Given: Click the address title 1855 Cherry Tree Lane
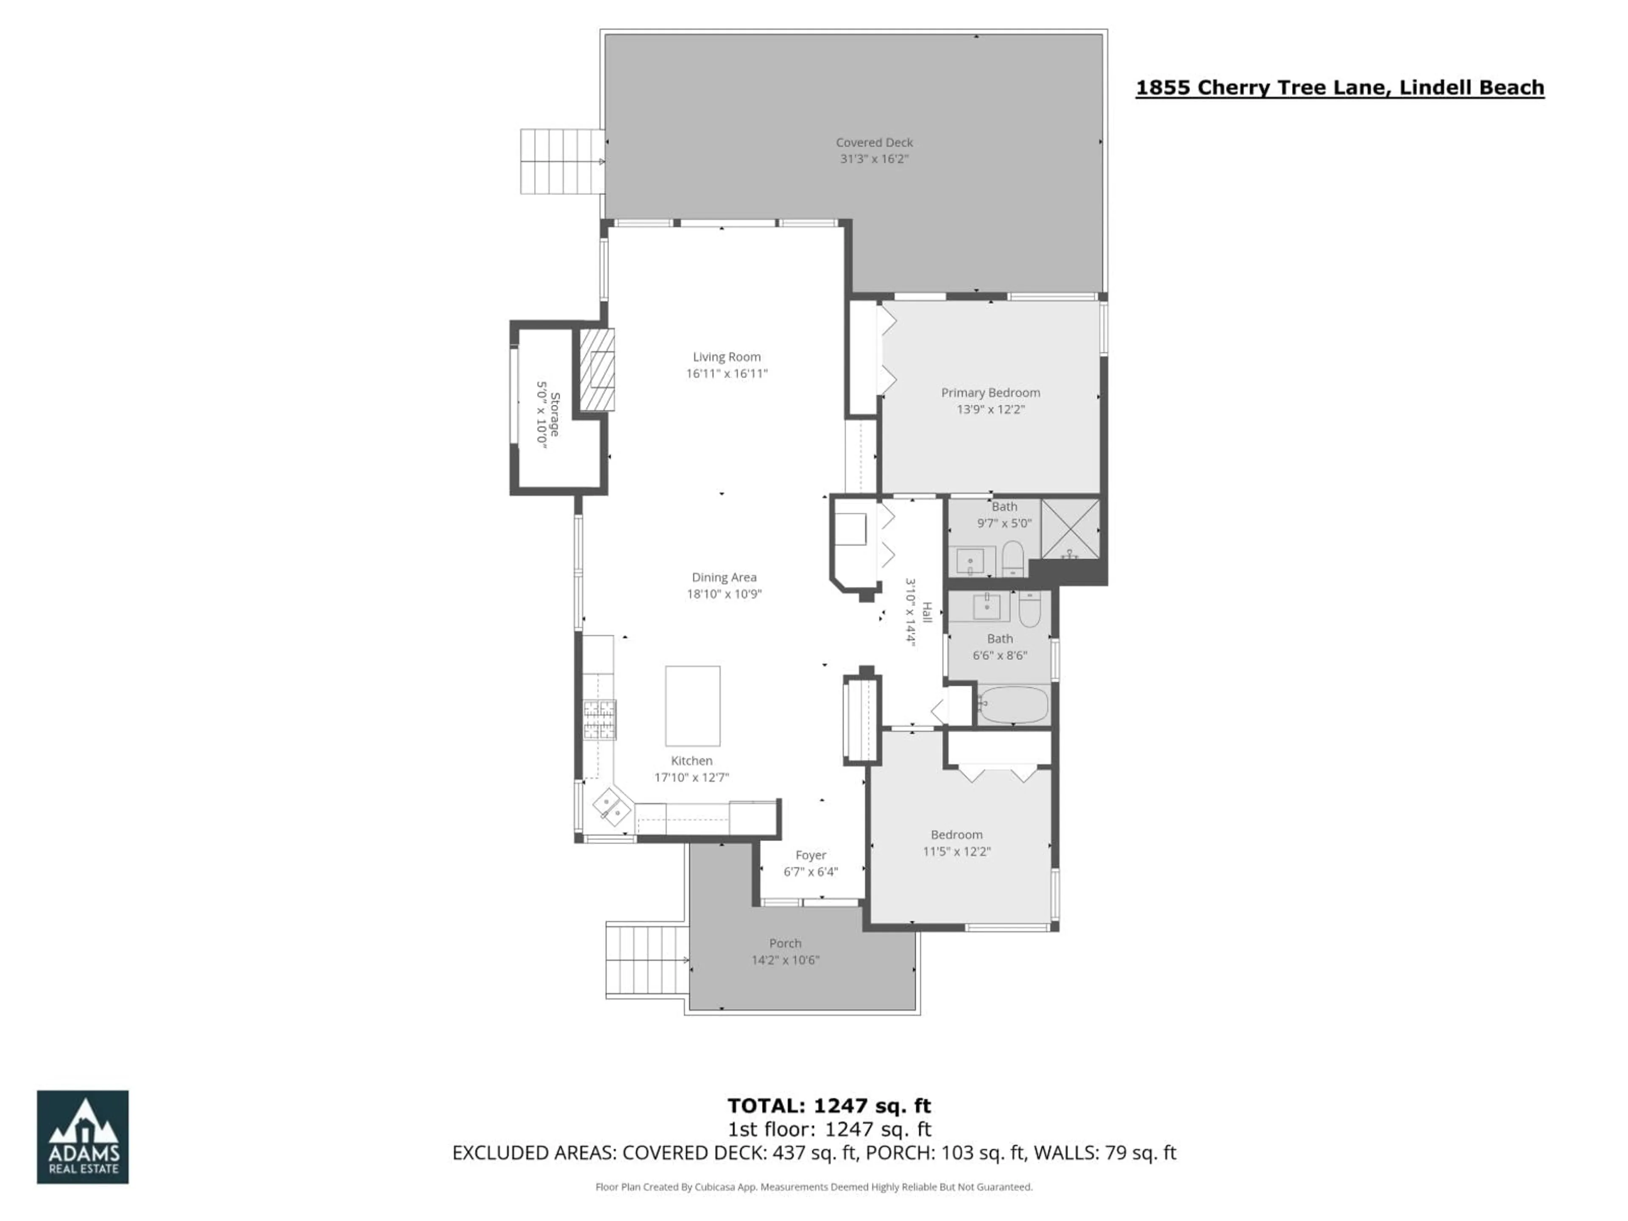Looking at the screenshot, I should coord(1339,88).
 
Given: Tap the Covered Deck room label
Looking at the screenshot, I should coord(874,142).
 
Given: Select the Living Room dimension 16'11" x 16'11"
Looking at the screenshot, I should coord(726,373).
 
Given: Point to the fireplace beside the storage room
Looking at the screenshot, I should coord(597,369).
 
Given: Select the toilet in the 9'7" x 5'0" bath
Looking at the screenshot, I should coord(1013,559).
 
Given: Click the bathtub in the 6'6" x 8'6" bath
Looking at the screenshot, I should coord(1013,705).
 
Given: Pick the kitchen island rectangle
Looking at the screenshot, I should coord(693,706).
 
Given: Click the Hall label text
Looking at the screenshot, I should coord(927,612).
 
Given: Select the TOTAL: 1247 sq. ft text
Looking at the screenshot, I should coord(829,1105).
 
